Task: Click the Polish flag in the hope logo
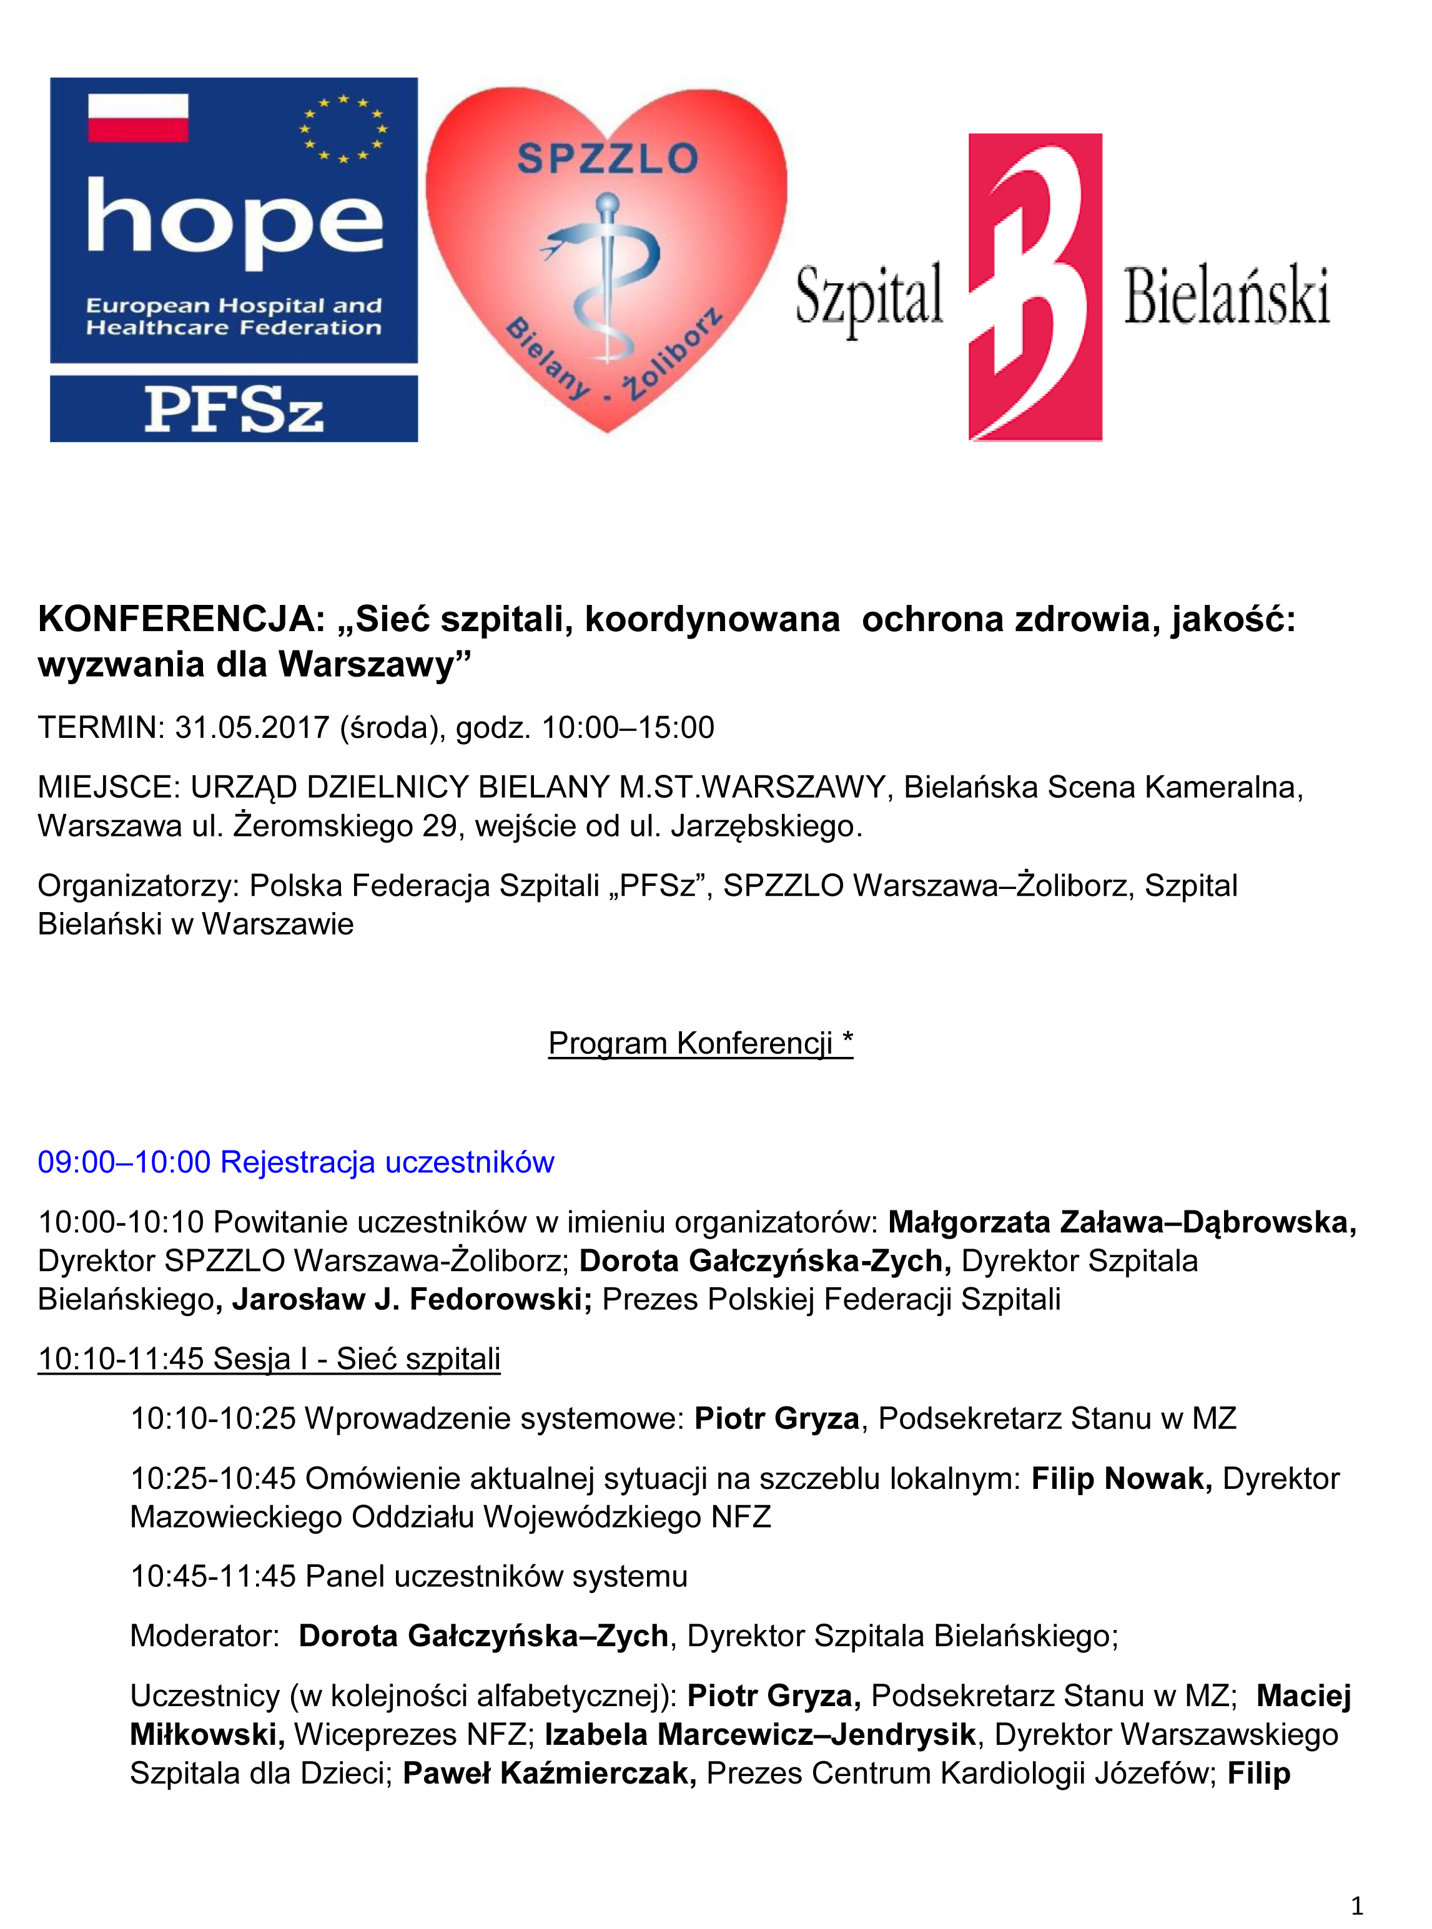pos(138,118)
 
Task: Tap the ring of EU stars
pos(343,128)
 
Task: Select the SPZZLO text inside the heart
pos(607,159)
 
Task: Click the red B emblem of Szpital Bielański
pos(1035,287)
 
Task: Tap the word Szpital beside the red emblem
pos(869,297)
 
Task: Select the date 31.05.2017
pos(252,727)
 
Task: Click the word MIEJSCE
pos(107,787)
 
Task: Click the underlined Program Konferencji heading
pos(701,1043)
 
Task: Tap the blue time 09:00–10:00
pos(124,1162)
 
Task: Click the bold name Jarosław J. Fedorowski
pos(412,1300)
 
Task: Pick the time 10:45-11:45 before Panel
pos(213,1576)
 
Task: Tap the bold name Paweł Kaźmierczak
pos(550,1773)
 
